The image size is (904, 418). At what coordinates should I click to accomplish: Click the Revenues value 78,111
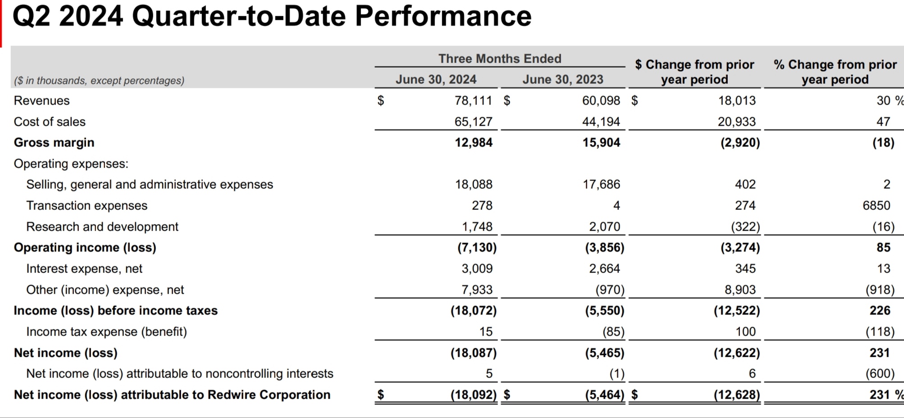pos(473,100)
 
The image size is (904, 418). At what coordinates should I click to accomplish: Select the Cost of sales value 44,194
pos(601,122)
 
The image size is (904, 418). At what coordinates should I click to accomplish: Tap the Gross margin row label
pos(54,142)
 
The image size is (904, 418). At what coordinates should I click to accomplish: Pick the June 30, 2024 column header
pos(436,79)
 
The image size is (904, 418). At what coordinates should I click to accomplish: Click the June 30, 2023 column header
pos(563,79)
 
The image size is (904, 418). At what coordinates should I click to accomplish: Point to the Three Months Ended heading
pos(500,59)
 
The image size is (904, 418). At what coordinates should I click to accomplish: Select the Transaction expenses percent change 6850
pos(876,205)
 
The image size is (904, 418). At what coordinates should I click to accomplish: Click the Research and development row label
pos(102,227)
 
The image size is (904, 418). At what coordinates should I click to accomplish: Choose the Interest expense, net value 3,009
pos(477,268)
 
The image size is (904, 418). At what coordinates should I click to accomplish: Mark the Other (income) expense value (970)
pos(610,290)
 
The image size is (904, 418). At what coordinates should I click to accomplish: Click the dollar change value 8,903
pos(740,290)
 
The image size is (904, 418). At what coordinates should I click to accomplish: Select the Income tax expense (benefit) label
pos(106,332)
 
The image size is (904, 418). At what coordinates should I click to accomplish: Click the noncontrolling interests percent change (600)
pos(880,373)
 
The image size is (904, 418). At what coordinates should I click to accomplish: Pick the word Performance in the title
pos(443,16)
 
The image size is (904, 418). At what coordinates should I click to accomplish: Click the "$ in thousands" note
pos(99,81)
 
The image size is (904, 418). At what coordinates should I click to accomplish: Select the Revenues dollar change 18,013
pos(737,100)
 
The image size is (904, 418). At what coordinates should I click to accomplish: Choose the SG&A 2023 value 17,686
pos(601,184)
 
